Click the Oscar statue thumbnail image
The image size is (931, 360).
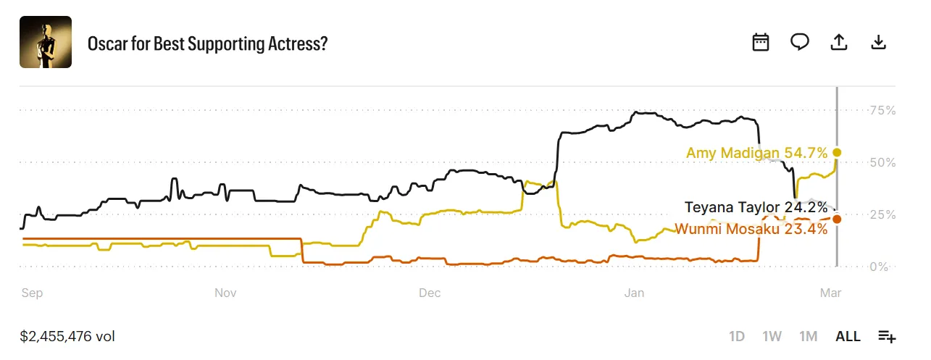click(x=46, y=42)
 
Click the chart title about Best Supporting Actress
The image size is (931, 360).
click(x=207, y=43)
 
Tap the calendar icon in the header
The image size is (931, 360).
click(x=760, y=42)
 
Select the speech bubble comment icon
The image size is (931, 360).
click(x=799, y=42)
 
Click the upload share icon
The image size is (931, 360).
click(x=838, y=42)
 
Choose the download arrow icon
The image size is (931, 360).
click(x=878, y=42)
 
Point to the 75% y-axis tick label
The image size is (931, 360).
click(x=882, y=110)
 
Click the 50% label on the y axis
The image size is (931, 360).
click(x=882, y=162)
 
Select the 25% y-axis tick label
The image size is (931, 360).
click(x=882, y=214)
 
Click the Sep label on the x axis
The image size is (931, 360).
click(x=32, y=293)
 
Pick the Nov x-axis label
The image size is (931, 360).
click(x=226, y=293)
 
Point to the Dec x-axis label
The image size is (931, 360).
click(x=430, y=293)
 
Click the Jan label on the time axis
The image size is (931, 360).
click(x=634, y=293)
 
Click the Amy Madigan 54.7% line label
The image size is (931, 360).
click(x=756, y=153)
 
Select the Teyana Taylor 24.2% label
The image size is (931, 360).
click(x=756, y=208)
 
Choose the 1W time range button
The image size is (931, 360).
click(x=772, y=336)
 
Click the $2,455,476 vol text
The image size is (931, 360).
click(x=67, y=336)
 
